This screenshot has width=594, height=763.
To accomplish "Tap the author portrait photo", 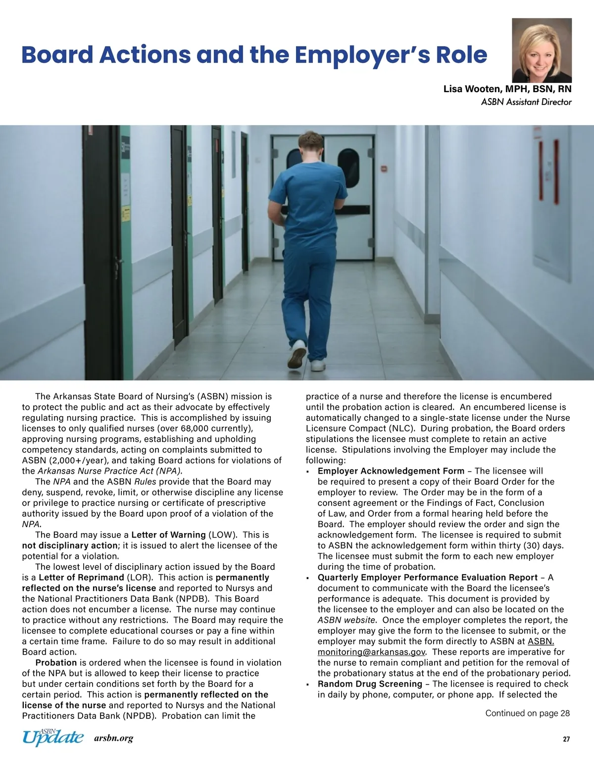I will (x=542, y=50).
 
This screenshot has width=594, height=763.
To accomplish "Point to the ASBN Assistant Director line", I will (x=526, y=102).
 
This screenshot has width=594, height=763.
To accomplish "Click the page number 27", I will (x=566, y=739).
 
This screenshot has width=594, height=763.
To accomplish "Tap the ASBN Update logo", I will (x=53, y=737).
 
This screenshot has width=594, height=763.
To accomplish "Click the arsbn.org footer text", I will (x=113, y=739).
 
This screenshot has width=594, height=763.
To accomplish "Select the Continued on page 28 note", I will (x=527, y=713).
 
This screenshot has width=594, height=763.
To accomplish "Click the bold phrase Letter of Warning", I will (x=168, y=535).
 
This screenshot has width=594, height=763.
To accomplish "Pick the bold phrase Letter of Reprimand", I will (x=81, y=578).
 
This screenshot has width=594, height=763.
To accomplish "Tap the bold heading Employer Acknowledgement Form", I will (x=391, y=471).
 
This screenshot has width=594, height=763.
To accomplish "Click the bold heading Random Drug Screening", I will (x=370, y=684).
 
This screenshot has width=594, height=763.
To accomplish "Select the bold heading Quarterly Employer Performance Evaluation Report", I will (x=428, y=578).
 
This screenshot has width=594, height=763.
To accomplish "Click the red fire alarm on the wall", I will (x=383, y=169).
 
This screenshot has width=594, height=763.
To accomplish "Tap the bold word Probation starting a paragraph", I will (x=56, y=663).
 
